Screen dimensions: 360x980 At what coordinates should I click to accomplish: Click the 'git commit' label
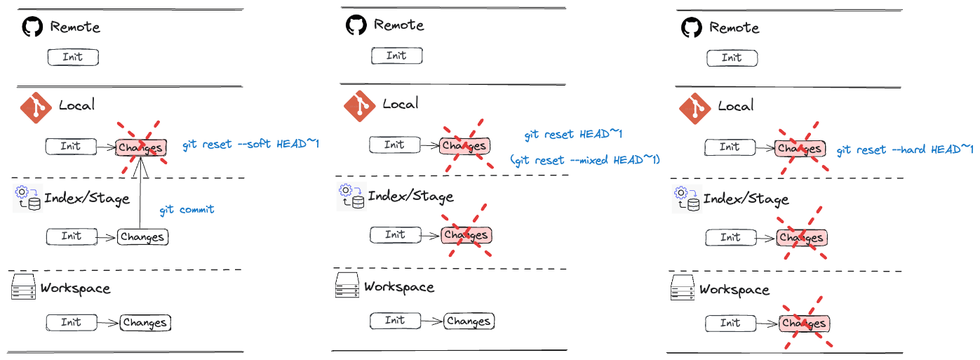coord(187,209)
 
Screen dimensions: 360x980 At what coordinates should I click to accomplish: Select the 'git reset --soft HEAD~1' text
coord(251,144)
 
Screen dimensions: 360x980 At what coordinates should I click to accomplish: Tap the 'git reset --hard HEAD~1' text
coord(905,149)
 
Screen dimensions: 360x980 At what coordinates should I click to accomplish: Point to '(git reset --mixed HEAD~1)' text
coord(586,160)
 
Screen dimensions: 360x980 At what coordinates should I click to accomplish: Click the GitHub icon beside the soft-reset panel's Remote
coord(32,27)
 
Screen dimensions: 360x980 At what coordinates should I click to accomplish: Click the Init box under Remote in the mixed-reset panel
coord(396,56)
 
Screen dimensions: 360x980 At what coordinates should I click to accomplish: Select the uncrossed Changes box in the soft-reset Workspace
coord(145,323)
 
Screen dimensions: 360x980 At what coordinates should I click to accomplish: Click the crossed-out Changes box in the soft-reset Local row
coord(141,147)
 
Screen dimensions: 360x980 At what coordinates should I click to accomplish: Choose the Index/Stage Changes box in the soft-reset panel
coord(142,237)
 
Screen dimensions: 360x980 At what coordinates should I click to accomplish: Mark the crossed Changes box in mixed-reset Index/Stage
coord(466,235)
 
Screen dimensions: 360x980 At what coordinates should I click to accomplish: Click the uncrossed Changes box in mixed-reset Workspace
coord(469,321)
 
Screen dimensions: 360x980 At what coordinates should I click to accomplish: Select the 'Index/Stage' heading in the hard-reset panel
coord(746,199)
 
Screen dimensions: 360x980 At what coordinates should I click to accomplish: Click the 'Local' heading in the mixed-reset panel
coord(401,105)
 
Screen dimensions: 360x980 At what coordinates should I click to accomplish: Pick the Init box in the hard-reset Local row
coord(730,147)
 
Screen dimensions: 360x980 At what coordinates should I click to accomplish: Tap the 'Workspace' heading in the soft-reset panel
coord(75,288)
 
